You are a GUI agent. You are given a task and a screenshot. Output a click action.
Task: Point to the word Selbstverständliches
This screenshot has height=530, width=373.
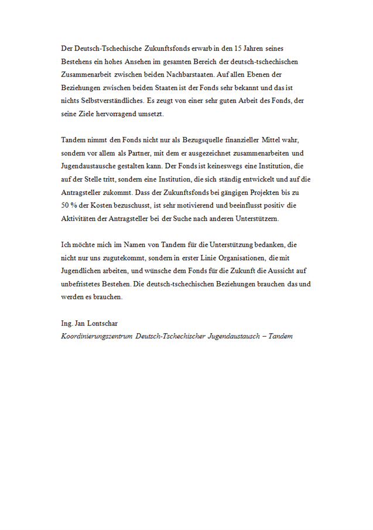tap(107, 101)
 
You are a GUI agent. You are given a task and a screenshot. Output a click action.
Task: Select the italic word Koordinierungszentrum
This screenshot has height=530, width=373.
tap(96, 337)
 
